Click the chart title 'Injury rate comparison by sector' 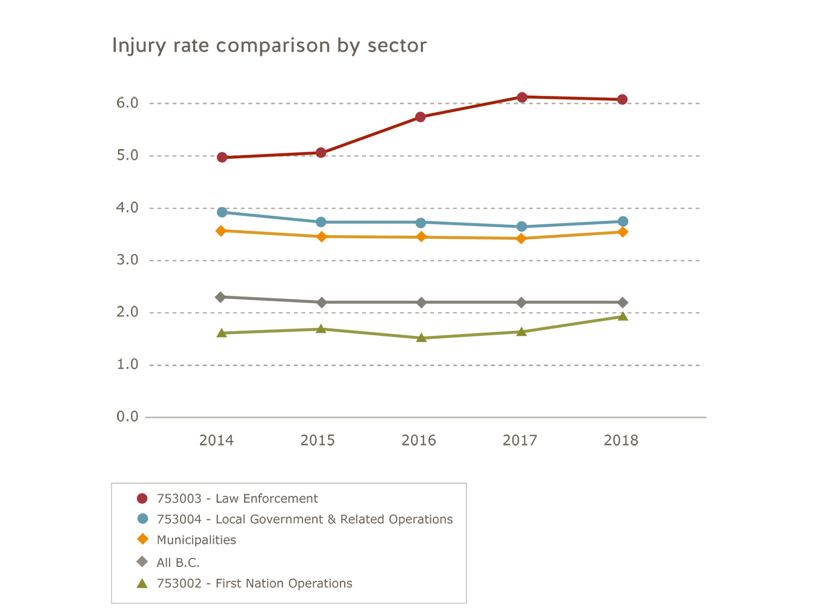tap(270, 46)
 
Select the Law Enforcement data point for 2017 tap(522, 97)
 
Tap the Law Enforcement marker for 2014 tap(222, 157)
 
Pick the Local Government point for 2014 tap(222, 212)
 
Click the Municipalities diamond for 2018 tap(622, 232)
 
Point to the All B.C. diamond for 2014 tap(221, 297)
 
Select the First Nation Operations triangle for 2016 tap(421, 338)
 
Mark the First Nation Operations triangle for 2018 tap(622, 316)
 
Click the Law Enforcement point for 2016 tap(420, 117)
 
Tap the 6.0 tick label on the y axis tap(127, 103)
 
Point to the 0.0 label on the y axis tap(127, 417)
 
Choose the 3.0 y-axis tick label tap(127, 260)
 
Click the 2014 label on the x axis tap(216, 441)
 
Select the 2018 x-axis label tap(621, 441)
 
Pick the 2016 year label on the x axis tap(419, 441)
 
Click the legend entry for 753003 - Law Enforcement tap(237, 498)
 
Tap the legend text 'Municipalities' tap(196, 540)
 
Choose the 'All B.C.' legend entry tap(178, 563)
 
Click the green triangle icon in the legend tap(142, 583)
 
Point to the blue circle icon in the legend tap(142, 519)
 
